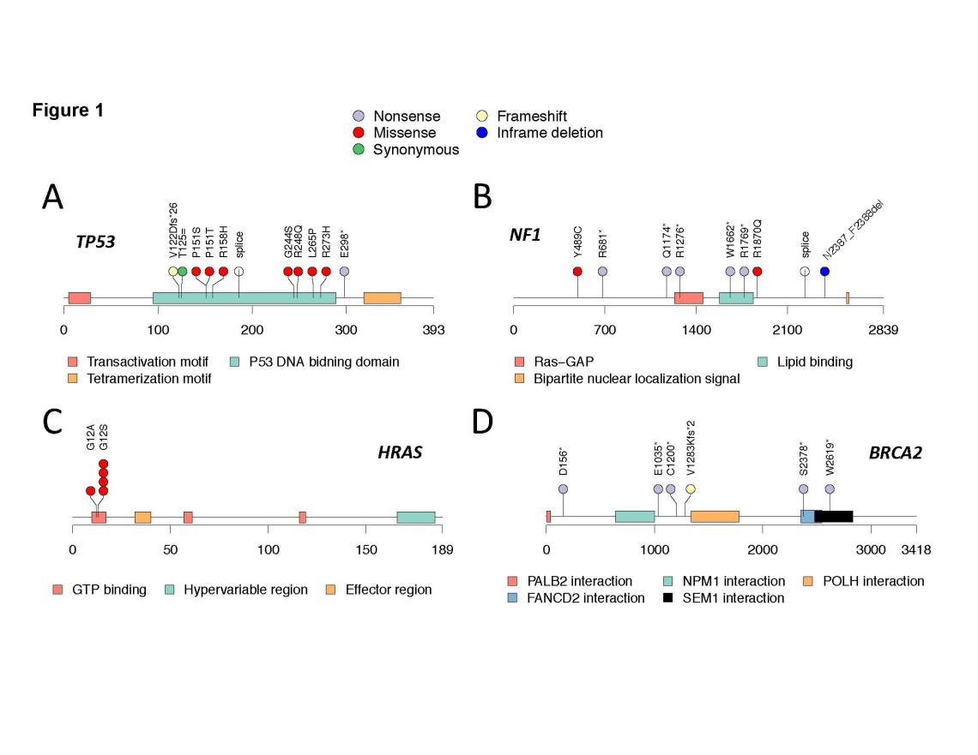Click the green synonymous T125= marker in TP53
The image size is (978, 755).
click(182, 271)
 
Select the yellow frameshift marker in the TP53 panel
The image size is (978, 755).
click(173, 271)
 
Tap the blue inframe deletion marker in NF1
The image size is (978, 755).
click(824, 271)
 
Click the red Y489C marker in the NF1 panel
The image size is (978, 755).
click(577, 271)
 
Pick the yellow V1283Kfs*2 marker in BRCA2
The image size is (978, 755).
click(690, 488)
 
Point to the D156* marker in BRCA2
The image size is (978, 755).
click(563, 488)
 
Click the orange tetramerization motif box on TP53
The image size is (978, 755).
click(382, 297)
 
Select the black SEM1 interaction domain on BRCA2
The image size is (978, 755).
click(834, 516)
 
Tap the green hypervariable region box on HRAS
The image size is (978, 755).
click(415, 517)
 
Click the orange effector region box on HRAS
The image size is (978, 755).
click(142, 517)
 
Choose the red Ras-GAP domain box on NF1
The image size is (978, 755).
click(688, 297)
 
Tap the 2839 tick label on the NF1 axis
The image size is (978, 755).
click(883, 331)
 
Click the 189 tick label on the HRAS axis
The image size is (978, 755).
click(443, 549)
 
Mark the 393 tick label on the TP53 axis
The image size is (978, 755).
click(433, 331)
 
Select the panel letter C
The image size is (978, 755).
click(53, 420)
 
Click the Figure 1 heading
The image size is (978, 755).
click(68, 111)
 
